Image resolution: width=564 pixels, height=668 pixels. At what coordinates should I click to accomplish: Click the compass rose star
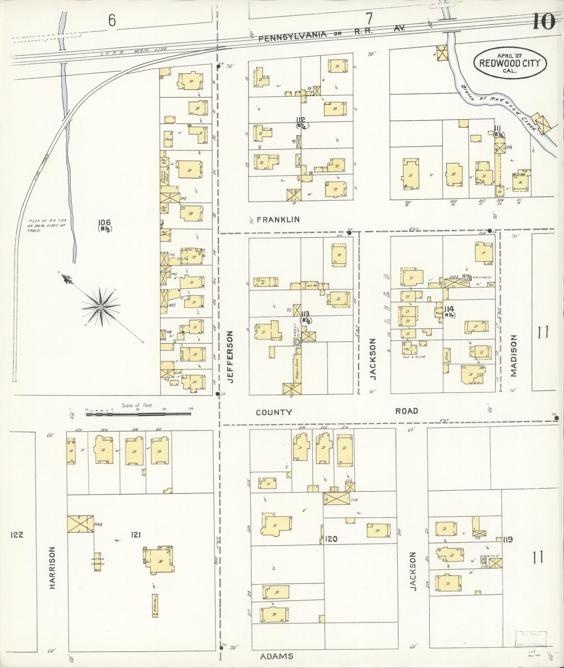(x=101, y=307)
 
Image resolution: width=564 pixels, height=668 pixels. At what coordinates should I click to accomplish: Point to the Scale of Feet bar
(x=139, y=414)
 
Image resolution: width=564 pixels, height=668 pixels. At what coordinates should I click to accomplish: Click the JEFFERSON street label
(x=230, y=357)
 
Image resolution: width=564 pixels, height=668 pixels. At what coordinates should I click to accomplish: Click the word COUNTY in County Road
(x=274, y=412)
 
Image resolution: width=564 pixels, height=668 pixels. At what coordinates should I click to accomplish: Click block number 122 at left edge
(x=17, y=535)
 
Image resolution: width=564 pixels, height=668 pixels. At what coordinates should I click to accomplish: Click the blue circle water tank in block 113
(x=297, y=341)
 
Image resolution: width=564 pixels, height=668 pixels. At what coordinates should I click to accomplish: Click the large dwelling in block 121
(x=159, y=560)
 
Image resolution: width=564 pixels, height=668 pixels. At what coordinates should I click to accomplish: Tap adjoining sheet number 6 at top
(x=112, y=21)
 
